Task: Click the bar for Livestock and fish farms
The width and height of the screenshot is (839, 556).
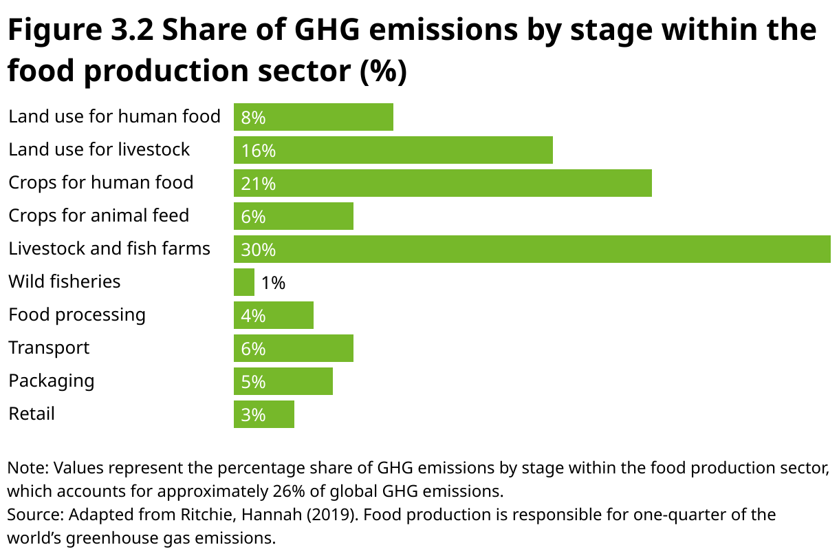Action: coord(532,249)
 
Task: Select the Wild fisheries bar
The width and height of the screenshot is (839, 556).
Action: coord(244,282)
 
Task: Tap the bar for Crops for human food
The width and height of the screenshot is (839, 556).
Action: coord(442,183)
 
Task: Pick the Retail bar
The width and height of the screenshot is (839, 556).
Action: coord(264,414)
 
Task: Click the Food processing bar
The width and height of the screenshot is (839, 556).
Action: coord(274,315)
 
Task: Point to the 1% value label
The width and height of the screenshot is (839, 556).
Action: coord(273,283)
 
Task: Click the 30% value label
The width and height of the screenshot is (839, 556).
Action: coord(258,250)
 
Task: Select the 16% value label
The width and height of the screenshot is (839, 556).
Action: coord(258,151)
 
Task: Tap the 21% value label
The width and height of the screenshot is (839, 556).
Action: coord(258,184)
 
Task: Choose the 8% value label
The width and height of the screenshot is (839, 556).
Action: coord(253,118)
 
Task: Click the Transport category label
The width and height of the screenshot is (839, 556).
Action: coord(49,347)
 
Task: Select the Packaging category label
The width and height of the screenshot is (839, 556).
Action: coord(52,381)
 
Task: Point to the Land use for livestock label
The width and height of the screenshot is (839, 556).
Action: coord(99,149)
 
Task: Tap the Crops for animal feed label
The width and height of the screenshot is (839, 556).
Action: coord(98,215)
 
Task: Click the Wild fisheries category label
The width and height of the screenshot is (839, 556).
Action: coord(64,281)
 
